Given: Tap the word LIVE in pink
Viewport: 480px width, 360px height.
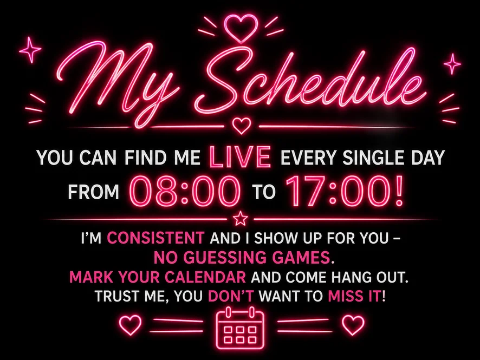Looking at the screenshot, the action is tap(241, 157).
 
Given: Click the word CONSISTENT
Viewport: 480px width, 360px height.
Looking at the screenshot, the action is tap(155, 238).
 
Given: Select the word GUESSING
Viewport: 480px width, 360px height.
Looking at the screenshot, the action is tap(226, 258).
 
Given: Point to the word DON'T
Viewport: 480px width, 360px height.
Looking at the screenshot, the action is tap(231, 296).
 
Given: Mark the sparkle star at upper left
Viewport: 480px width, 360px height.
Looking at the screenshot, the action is tap(30, 50).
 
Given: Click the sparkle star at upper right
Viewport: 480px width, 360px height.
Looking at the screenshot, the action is tap(452, 64).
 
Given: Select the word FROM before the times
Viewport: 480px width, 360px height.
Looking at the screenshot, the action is tap(93, 192).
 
